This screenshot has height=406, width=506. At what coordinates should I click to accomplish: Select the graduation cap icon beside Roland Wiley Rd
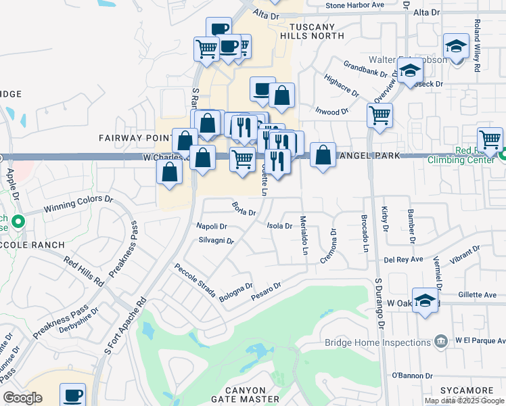coord(457,47)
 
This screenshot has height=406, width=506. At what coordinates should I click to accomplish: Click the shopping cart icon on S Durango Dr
coord(380,115)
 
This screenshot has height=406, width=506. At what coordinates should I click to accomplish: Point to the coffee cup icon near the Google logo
coord(72,394)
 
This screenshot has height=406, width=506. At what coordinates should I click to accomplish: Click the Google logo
coord(22,398)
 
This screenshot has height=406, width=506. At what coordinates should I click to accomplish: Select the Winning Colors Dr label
coord(78,204)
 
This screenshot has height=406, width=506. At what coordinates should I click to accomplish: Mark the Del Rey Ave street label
coord(403,259)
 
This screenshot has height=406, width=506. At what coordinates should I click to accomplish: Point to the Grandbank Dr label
coord(365,69)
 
